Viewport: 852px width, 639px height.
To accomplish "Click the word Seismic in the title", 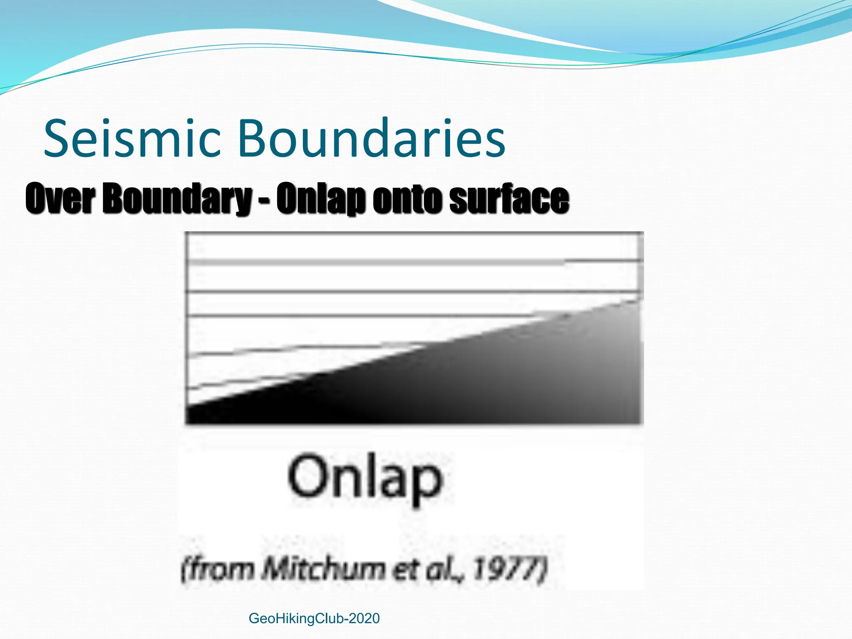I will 132,138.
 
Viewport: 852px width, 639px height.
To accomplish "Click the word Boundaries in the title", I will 372,138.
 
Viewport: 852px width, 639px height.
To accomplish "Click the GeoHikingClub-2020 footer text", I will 314,618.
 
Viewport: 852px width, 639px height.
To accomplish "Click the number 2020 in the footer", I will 364,618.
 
